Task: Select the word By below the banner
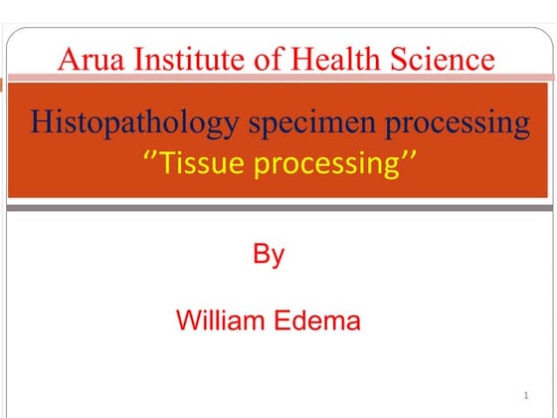click(268, 255)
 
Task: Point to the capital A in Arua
click(69, 60)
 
